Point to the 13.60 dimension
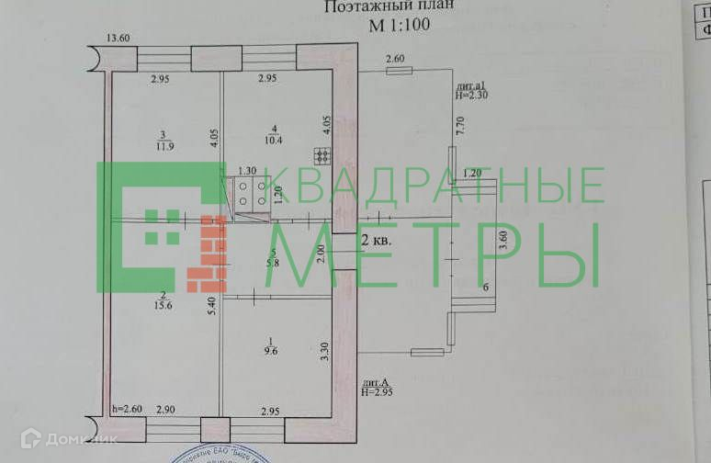[x=118, y=38]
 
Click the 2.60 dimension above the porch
[x=395, y=60]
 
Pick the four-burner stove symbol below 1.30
[x=245, y=193]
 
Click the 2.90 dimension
[x=166, y=410]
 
